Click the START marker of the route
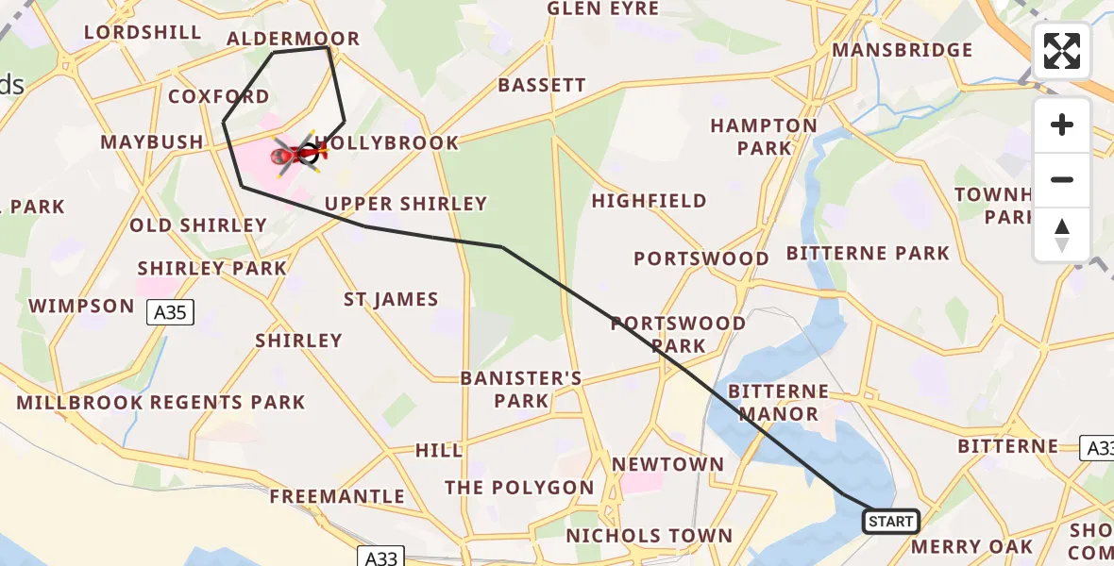coord(890,522)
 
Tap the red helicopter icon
coord(291,154)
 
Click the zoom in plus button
coord(1062,125)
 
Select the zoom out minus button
coord(1062,179)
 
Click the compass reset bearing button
coord(1062,234)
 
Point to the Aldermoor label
coord(294,39)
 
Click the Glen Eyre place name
coord(602,8)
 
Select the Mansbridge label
coord(902,50)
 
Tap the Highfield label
coord(649,201)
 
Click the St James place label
coord(391,300)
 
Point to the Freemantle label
coord(337,496)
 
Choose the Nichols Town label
coord(649,536)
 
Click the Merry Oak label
coord(971,546)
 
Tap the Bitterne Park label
coord(868,253)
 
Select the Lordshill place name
coord(143,32)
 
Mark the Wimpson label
coord(82,306)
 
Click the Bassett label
coord(542,85)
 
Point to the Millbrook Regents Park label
coord(160,403)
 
